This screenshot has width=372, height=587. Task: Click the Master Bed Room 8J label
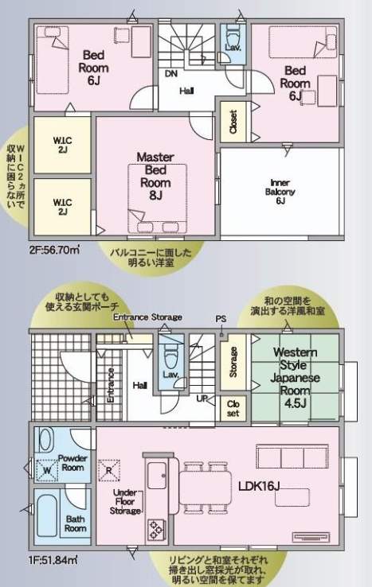pos(155,176)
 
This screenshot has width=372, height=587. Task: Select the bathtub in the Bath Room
pos(43,511)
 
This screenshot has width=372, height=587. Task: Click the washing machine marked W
pos(47,470)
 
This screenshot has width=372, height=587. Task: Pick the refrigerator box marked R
pos(108,469)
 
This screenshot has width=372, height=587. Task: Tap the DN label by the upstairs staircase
pos(170,74)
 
